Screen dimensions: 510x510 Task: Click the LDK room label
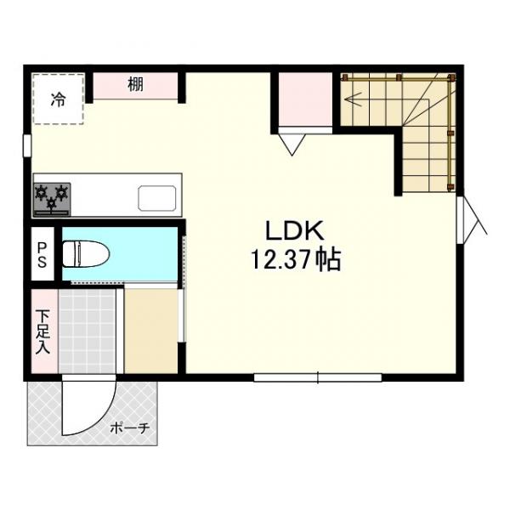pos(294,231)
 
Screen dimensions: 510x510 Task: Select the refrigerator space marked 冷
pos(58,99)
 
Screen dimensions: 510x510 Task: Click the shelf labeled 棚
pos(135,85)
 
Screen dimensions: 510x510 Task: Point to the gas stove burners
pos(51,198)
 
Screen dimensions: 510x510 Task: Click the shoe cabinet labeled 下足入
pos(42,331)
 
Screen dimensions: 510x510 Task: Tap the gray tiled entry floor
pos(86,331)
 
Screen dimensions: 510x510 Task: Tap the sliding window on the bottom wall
pos(317,376)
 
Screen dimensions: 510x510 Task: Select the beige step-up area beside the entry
pos(151,331)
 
